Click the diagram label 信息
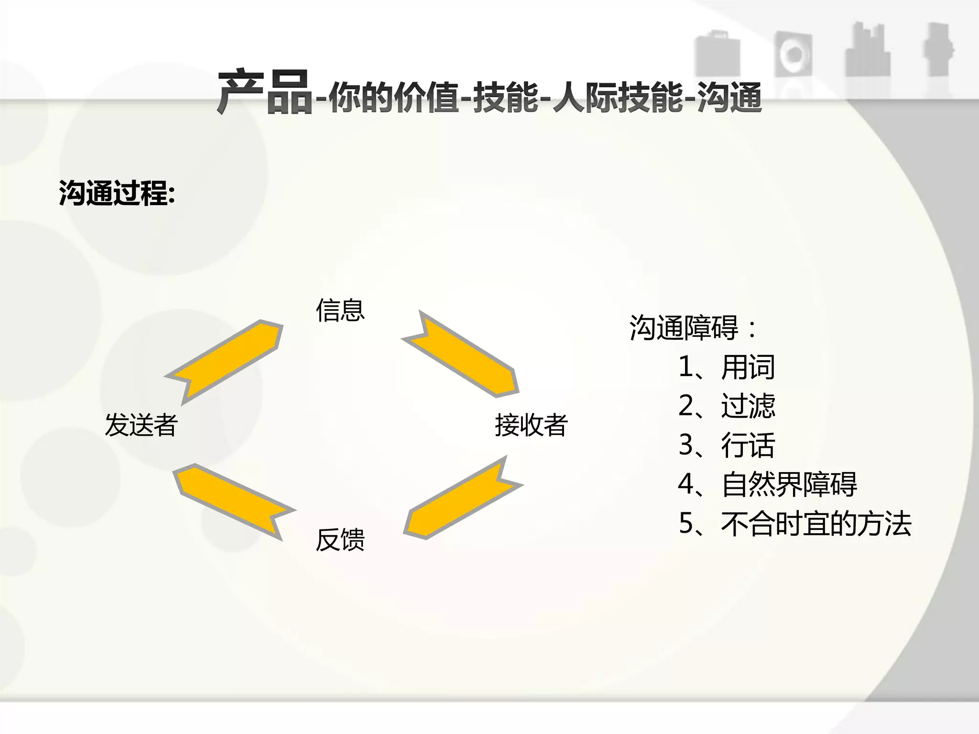[x=340, y=310]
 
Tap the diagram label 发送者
[x=141, y=425]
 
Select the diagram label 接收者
[x=531, y=425]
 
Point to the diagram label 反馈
[x=340, y=540]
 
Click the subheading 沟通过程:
[x=117, y=193]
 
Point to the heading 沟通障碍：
[x=693, y=328]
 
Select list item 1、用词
[x=726, y=367]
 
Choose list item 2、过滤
[x=726, y=406]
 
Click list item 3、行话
[x=726, y=445]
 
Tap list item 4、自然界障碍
[x=767, y=485]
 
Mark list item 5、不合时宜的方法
[x=794, y=524]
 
